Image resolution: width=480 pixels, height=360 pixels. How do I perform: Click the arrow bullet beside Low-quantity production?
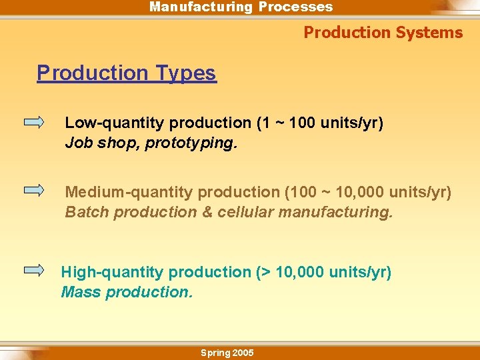[34, 123]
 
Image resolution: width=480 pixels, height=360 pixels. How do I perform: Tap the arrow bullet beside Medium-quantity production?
[34, 190]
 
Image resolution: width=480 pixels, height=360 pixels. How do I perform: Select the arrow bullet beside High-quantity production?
[34, 270]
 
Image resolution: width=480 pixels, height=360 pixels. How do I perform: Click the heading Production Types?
[127, 73]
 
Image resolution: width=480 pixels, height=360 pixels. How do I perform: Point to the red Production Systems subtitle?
[383, 33]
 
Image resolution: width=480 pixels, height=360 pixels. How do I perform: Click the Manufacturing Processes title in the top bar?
[241, 7]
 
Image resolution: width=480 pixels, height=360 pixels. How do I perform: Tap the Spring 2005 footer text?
[227, 353]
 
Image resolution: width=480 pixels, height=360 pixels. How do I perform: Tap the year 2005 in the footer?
[242, 353]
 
